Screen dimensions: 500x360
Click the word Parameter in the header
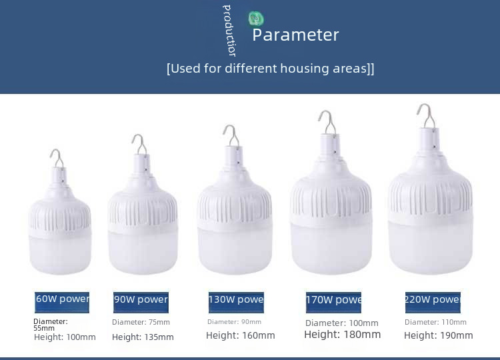(x=295, y=35)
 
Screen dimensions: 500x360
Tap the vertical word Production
(x=229, y=31)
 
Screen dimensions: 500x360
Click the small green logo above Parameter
(x=256, y=19)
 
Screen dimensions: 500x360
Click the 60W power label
(x=62, y=302)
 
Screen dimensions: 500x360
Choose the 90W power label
(x=141, y=302)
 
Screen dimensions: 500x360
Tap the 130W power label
(x=236, y=302)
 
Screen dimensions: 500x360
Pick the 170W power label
(x=333, y=302)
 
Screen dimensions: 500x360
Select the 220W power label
(x=433, y=302)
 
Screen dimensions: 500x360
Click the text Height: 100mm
(x=65, y=337)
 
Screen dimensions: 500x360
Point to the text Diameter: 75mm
(x=141, y=322)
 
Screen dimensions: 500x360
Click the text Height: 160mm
(x=241, y=335)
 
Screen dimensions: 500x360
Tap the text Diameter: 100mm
(x=342, y=323)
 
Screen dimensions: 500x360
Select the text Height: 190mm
(x=439, y=335)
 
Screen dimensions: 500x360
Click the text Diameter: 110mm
(x=435, y=322)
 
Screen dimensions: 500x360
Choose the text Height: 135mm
(x=143, y=337)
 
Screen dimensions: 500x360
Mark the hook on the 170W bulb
(x=329, y=123)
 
